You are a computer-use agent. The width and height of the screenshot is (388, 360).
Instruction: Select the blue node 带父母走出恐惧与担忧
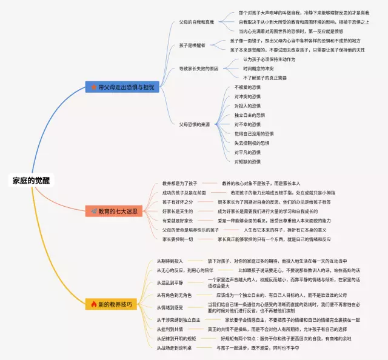(122, 87)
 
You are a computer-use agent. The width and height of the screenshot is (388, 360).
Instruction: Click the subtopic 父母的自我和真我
(196, 21)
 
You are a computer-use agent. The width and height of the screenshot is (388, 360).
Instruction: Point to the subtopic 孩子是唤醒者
(192, 44)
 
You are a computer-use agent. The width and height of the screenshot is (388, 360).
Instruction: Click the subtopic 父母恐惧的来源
(194, 124)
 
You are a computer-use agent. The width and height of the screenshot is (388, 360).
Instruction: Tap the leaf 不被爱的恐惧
(247, 87)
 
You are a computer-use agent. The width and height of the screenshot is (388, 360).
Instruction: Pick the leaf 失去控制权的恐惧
(251, 143)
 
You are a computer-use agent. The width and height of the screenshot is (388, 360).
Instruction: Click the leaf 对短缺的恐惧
(247, 162)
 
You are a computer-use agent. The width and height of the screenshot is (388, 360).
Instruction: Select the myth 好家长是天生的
(177, 211)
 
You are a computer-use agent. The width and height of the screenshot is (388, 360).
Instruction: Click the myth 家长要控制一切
(177, 239)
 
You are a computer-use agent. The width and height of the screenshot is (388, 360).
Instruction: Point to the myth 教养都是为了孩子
(179, 183)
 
